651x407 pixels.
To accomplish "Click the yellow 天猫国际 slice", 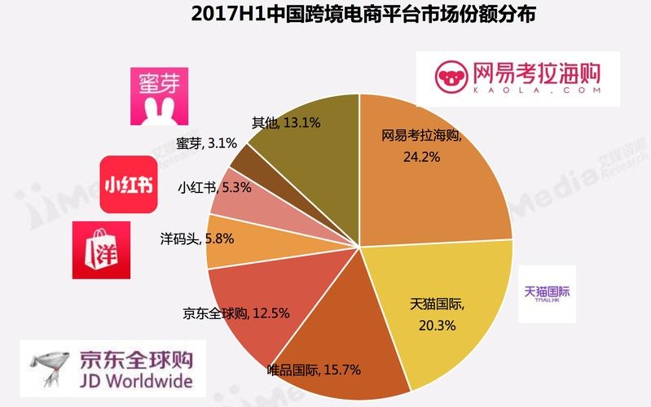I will (440, 301).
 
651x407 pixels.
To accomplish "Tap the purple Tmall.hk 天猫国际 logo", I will (547, 293).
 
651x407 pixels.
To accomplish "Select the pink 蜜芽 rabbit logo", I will (154, 94).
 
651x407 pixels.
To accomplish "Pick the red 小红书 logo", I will (127, 184).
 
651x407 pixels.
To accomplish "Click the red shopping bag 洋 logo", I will (101, 247).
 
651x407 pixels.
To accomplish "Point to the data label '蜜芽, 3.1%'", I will (195, 143).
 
